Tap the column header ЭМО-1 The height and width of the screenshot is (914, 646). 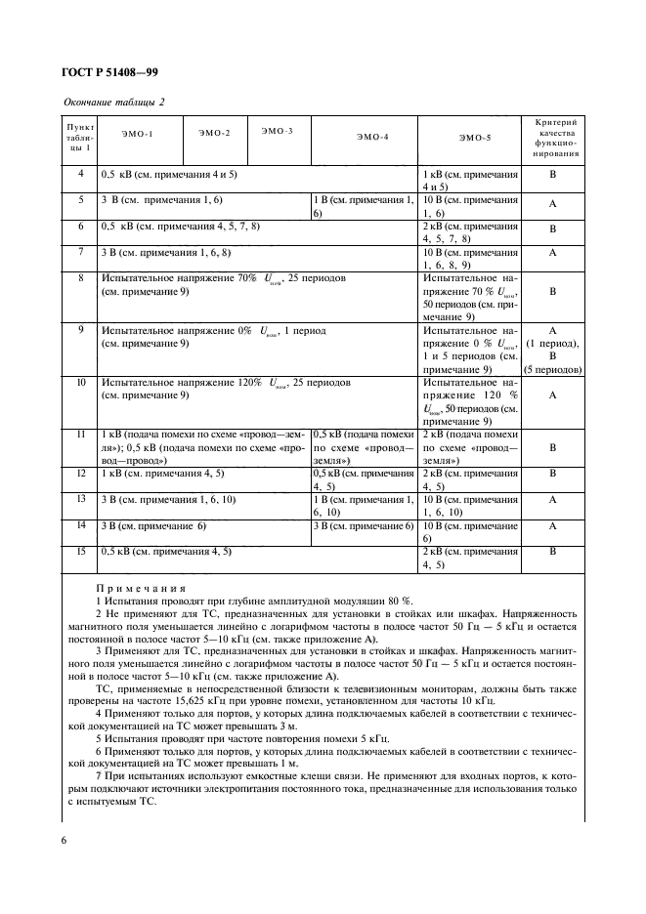click(x=138, y=132)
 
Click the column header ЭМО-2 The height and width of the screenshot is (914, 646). click(x=214, y=132)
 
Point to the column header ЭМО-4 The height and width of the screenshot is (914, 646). click(x=372, y=138)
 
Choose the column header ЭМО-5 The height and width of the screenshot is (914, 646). click(x=474, y=138)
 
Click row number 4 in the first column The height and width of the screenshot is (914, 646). click(x=80, y=174)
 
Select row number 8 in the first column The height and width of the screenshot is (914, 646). click(x=80, y=278)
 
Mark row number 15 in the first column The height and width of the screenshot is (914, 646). click(x=80, y=552)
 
